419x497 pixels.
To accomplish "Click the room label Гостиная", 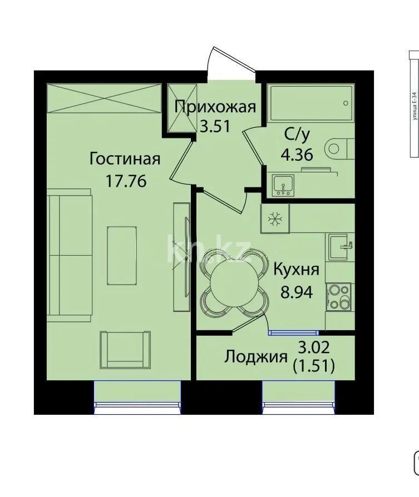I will [x=125, y=160].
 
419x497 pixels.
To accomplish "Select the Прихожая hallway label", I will [x=215, y=106].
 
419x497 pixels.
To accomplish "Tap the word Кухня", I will [x=296, y=270].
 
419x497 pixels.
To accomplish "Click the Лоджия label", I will [x=256, y=357].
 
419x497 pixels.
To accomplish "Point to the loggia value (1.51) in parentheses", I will [x=313, y=367].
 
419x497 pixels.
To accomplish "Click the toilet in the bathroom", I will [x=339, y=148].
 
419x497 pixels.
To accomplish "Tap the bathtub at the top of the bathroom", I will [x=310, y=103].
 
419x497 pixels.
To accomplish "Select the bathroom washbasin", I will [x=284, y=185].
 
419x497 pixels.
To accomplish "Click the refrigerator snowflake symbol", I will [x=274, y=220].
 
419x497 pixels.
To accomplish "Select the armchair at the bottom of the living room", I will [x=125, y=349].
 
